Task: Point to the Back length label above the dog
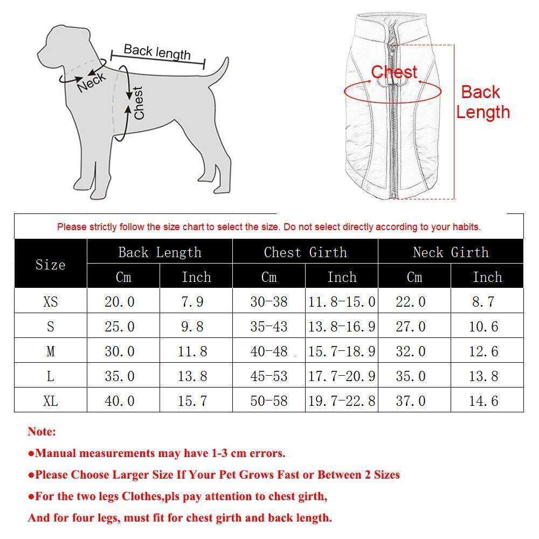tap(157, 52)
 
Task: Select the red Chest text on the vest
tap(394, 72)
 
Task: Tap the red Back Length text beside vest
tap(482, 102)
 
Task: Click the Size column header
tap(50, 264)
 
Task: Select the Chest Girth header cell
tap(305, 252)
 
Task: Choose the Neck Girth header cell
tap(451, 252)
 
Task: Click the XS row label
tap(50, 301)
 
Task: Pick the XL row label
tap(50, 401)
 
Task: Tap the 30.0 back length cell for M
tap(120, 351)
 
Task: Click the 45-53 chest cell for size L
tap(269, 376)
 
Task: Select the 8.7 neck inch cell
tap(483, 301)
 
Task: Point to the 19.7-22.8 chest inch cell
tap(342, 401)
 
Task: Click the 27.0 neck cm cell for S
tap(411, 327)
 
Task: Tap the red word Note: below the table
tap(42, 432)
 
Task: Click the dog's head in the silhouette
tap(59, 43)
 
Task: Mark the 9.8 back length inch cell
tap(192, 327)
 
